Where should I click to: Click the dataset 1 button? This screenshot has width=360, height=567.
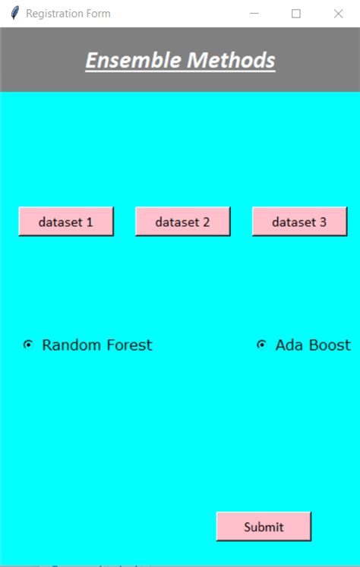point(66,222)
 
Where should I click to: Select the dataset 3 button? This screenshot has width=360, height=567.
point(299,222)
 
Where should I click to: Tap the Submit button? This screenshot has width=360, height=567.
point(264,527)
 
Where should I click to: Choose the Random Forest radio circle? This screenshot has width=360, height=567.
point(28,345)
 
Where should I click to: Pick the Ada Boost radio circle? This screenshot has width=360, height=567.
point(261,345)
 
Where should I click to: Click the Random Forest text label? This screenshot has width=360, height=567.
point(96,345)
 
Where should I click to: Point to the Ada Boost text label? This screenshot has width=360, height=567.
point(313,345)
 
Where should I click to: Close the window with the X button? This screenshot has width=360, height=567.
point(339,14)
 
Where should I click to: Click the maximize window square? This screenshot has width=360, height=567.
point(296,14)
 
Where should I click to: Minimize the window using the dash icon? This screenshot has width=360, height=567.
point(254,14)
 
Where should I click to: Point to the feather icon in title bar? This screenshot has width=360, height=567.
point(14,14)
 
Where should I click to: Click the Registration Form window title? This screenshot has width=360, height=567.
point(68,14)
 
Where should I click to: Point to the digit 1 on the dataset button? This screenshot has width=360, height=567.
point(90,222)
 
